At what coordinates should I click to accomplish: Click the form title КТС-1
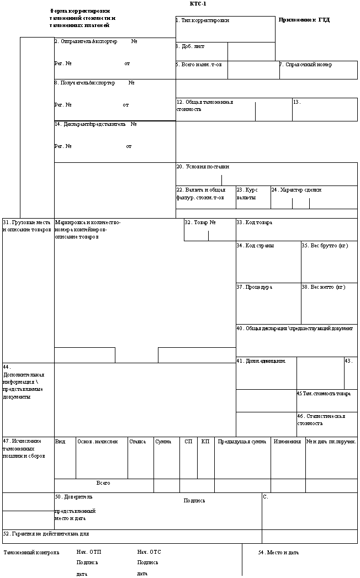pyautogui.click(x=198, y=4)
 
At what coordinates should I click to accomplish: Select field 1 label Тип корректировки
pyautogui.click(x=202, y=20)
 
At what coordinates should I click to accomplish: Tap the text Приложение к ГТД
pyautogui.click(x=304, y=20)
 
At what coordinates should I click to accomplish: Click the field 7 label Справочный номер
pyautogui.click(x=305, y=65)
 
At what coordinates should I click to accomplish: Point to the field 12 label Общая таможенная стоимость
pyautogui.click(x=205, y=105)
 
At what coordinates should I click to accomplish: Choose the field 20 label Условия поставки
pyautogui.click(x=203, y=167)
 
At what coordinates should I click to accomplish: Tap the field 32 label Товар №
pyautogui.click(x=200, y=222)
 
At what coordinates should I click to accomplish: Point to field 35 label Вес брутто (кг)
pyautogui.click(x=325, y=246)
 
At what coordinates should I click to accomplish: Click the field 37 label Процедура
pyautogui.click(x=255, y=287)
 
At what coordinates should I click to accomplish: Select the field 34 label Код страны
pyautogui.click(x=255, y=246)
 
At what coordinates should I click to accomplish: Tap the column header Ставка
pyautogui.click(x=137, y=442)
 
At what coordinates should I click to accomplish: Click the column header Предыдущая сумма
pyautogui.click(x=242, y=442)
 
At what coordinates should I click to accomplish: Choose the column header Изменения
pyautogui.click(x=287, y=442)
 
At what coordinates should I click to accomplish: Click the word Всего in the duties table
pyautogui.click(x=103, y=483)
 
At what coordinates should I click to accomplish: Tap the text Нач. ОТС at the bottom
pyautogui.click(x=149, y=552)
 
